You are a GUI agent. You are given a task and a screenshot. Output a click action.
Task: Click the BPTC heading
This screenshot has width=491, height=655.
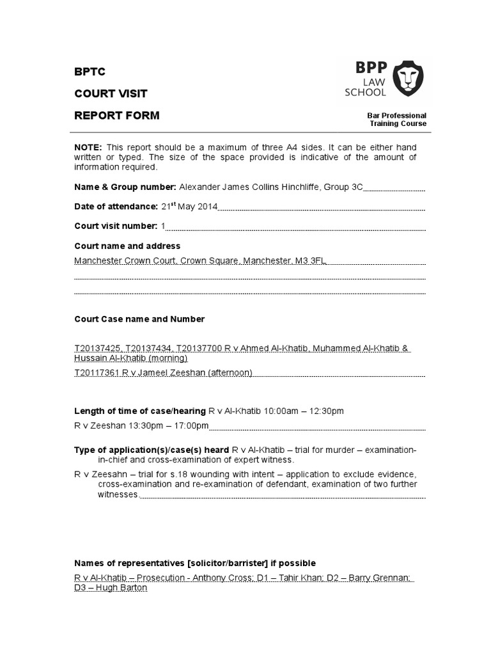coord(90,71)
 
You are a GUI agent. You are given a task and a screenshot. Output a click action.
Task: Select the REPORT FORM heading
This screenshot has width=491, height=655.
coord(117,116)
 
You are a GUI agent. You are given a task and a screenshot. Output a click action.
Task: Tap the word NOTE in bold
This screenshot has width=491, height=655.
coord(88,146)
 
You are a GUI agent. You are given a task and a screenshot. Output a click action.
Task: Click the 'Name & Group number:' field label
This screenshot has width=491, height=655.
coord(125,187)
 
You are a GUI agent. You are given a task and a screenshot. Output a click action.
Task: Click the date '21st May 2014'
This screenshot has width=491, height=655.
coord(189,206)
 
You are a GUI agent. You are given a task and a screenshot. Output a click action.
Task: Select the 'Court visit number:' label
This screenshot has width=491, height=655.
coord(116,226)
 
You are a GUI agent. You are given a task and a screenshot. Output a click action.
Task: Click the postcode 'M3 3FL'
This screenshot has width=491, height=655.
coord(311,261)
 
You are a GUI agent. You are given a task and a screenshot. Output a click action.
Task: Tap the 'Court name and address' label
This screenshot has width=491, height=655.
coord(127,246)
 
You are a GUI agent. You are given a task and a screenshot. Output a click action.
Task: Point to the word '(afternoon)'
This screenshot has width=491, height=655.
coord(230,373)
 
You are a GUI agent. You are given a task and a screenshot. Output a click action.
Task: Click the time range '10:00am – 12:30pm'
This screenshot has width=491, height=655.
coord(308,411)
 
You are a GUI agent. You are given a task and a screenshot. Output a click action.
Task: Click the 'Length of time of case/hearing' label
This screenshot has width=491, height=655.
coord(140,411)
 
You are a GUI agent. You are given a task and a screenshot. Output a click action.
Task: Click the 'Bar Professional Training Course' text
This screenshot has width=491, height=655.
coord(396,120)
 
